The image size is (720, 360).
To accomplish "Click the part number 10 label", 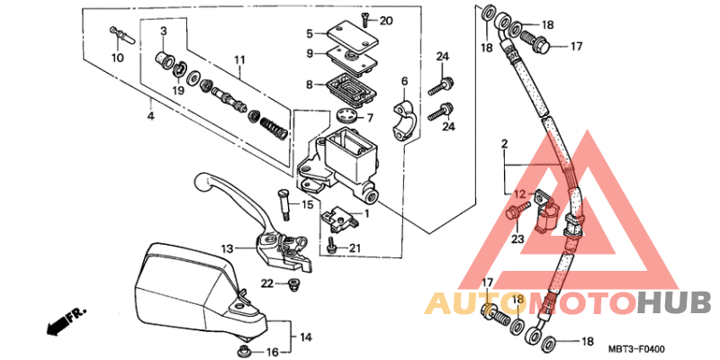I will pyautogui.click(x=117, y=58).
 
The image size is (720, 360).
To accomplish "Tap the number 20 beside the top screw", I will pyautogui.click(x=386, y=21).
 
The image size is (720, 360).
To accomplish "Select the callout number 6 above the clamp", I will pyautogui.click(x=404, y=81).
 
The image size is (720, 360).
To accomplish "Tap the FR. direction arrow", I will pyautogui.click(x=66, y=319).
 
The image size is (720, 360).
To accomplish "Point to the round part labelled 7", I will pyautogui.click(x=343, y=116).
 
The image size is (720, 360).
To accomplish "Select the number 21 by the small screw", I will pyautogui.click(x=355, y=249).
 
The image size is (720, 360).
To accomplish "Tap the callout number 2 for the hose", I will pyautogui.click(x=505, y=143).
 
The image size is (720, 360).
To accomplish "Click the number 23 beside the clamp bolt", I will pyautogui.click(x=517, y=238).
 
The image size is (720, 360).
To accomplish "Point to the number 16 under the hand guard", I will pyautogui.click(x=273, y=352).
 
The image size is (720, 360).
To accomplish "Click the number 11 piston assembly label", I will pyautogui.click(x=238, y=60).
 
